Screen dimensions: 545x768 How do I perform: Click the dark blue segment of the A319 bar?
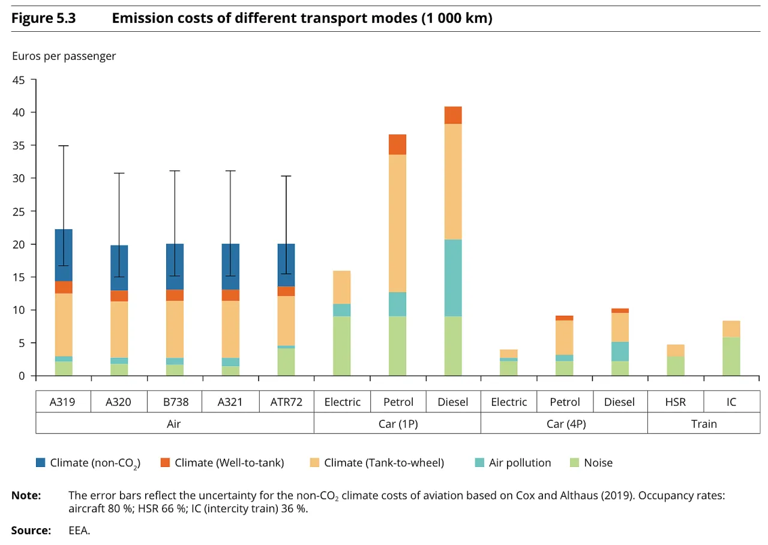pos(64,255)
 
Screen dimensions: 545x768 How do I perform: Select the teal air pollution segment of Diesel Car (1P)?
pos(453,277)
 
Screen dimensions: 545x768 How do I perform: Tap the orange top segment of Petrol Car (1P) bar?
pos(397,145)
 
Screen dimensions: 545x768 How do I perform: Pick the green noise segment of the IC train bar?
pos(731,357)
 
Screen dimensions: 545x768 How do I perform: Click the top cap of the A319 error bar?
pos(64,146)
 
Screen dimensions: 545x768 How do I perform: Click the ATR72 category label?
pos(286,402)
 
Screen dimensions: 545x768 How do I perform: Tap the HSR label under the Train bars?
pos(675,402)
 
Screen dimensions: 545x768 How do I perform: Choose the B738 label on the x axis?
pos(175,402)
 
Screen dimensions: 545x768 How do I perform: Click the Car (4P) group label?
pos(564,424)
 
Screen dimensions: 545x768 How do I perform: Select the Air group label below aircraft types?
pos(174,424)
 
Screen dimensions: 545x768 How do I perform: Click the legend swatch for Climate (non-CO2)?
pos(40,463)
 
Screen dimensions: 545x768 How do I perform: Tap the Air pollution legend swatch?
pos(479,463)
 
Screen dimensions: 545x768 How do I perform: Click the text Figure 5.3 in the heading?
pos(44,19)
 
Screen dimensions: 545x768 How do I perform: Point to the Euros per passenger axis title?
pos(64,56)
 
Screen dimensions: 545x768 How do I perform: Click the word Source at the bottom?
pos(31,531)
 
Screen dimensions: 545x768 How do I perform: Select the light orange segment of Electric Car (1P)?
pos(341,287)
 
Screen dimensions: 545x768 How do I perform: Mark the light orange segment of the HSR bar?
pos(675,351)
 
